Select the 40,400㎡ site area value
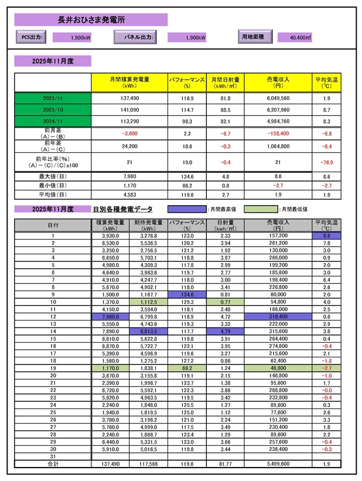point(300,37)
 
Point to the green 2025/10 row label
point(52,110)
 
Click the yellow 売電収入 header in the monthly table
point(277,82)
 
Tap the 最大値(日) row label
point(52,176)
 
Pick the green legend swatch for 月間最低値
point(261,209)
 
